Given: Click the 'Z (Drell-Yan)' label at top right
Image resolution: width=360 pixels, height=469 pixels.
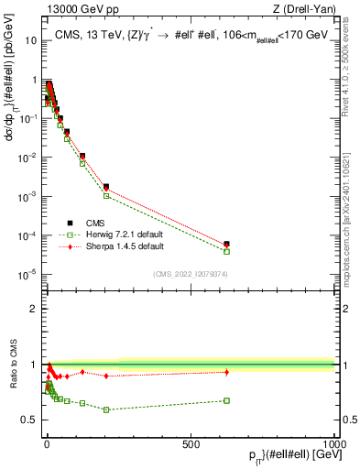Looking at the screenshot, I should point(303,10).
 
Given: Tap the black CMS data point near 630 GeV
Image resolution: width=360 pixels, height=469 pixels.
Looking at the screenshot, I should point(226,245).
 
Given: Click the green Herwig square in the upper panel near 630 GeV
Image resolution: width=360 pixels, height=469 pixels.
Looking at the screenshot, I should point(226,251).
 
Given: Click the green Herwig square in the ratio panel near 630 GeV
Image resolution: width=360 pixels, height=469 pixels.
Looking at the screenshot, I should point(226,400).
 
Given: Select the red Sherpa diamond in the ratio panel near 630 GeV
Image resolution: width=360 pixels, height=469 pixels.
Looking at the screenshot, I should point(226,372).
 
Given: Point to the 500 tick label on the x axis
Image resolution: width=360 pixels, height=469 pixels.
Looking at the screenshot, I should point(191,443).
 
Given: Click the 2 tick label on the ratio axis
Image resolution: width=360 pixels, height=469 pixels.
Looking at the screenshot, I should point(36,309).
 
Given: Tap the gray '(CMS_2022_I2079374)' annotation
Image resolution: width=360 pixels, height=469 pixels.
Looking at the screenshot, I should point(191,274).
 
